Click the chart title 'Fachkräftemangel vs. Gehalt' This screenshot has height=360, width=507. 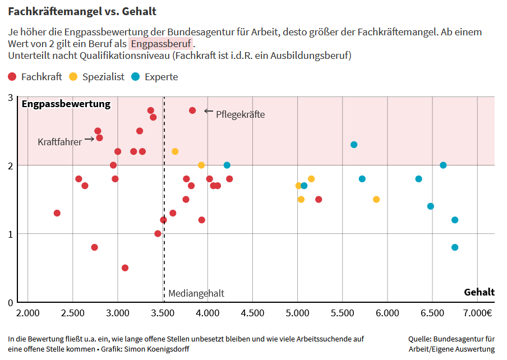(82, 11)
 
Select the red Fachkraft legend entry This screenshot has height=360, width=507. (35, 77)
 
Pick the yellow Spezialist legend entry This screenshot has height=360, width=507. (96, 77)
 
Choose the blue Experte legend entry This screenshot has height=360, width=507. (155, 77)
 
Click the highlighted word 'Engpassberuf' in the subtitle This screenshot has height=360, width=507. (161, 44)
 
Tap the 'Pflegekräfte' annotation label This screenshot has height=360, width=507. (240, 114)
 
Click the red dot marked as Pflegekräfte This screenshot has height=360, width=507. (192, 110)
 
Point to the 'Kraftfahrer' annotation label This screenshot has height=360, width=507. (59, 142)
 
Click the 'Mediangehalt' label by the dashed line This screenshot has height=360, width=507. (196, 293)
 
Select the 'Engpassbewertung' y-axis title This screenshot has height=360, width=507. (66, 104)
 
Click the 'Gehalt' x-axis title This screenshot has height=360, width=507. (479, 292)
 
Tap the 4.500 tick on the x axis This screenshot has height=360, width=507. (252, 312)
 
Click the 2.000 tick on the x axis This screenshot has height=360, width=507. (28, 312)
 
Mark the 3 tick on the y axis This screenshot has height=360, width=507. (10, 98)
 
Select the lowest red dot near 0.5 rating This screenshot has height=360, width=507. (125, 268)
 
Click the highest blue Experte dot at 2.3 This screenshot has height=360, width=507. (354, 145)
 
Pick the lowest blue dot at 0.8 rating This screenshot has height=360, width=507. (455, 247)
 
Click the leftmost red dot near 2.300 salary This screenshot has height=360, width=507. (57, 213)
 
